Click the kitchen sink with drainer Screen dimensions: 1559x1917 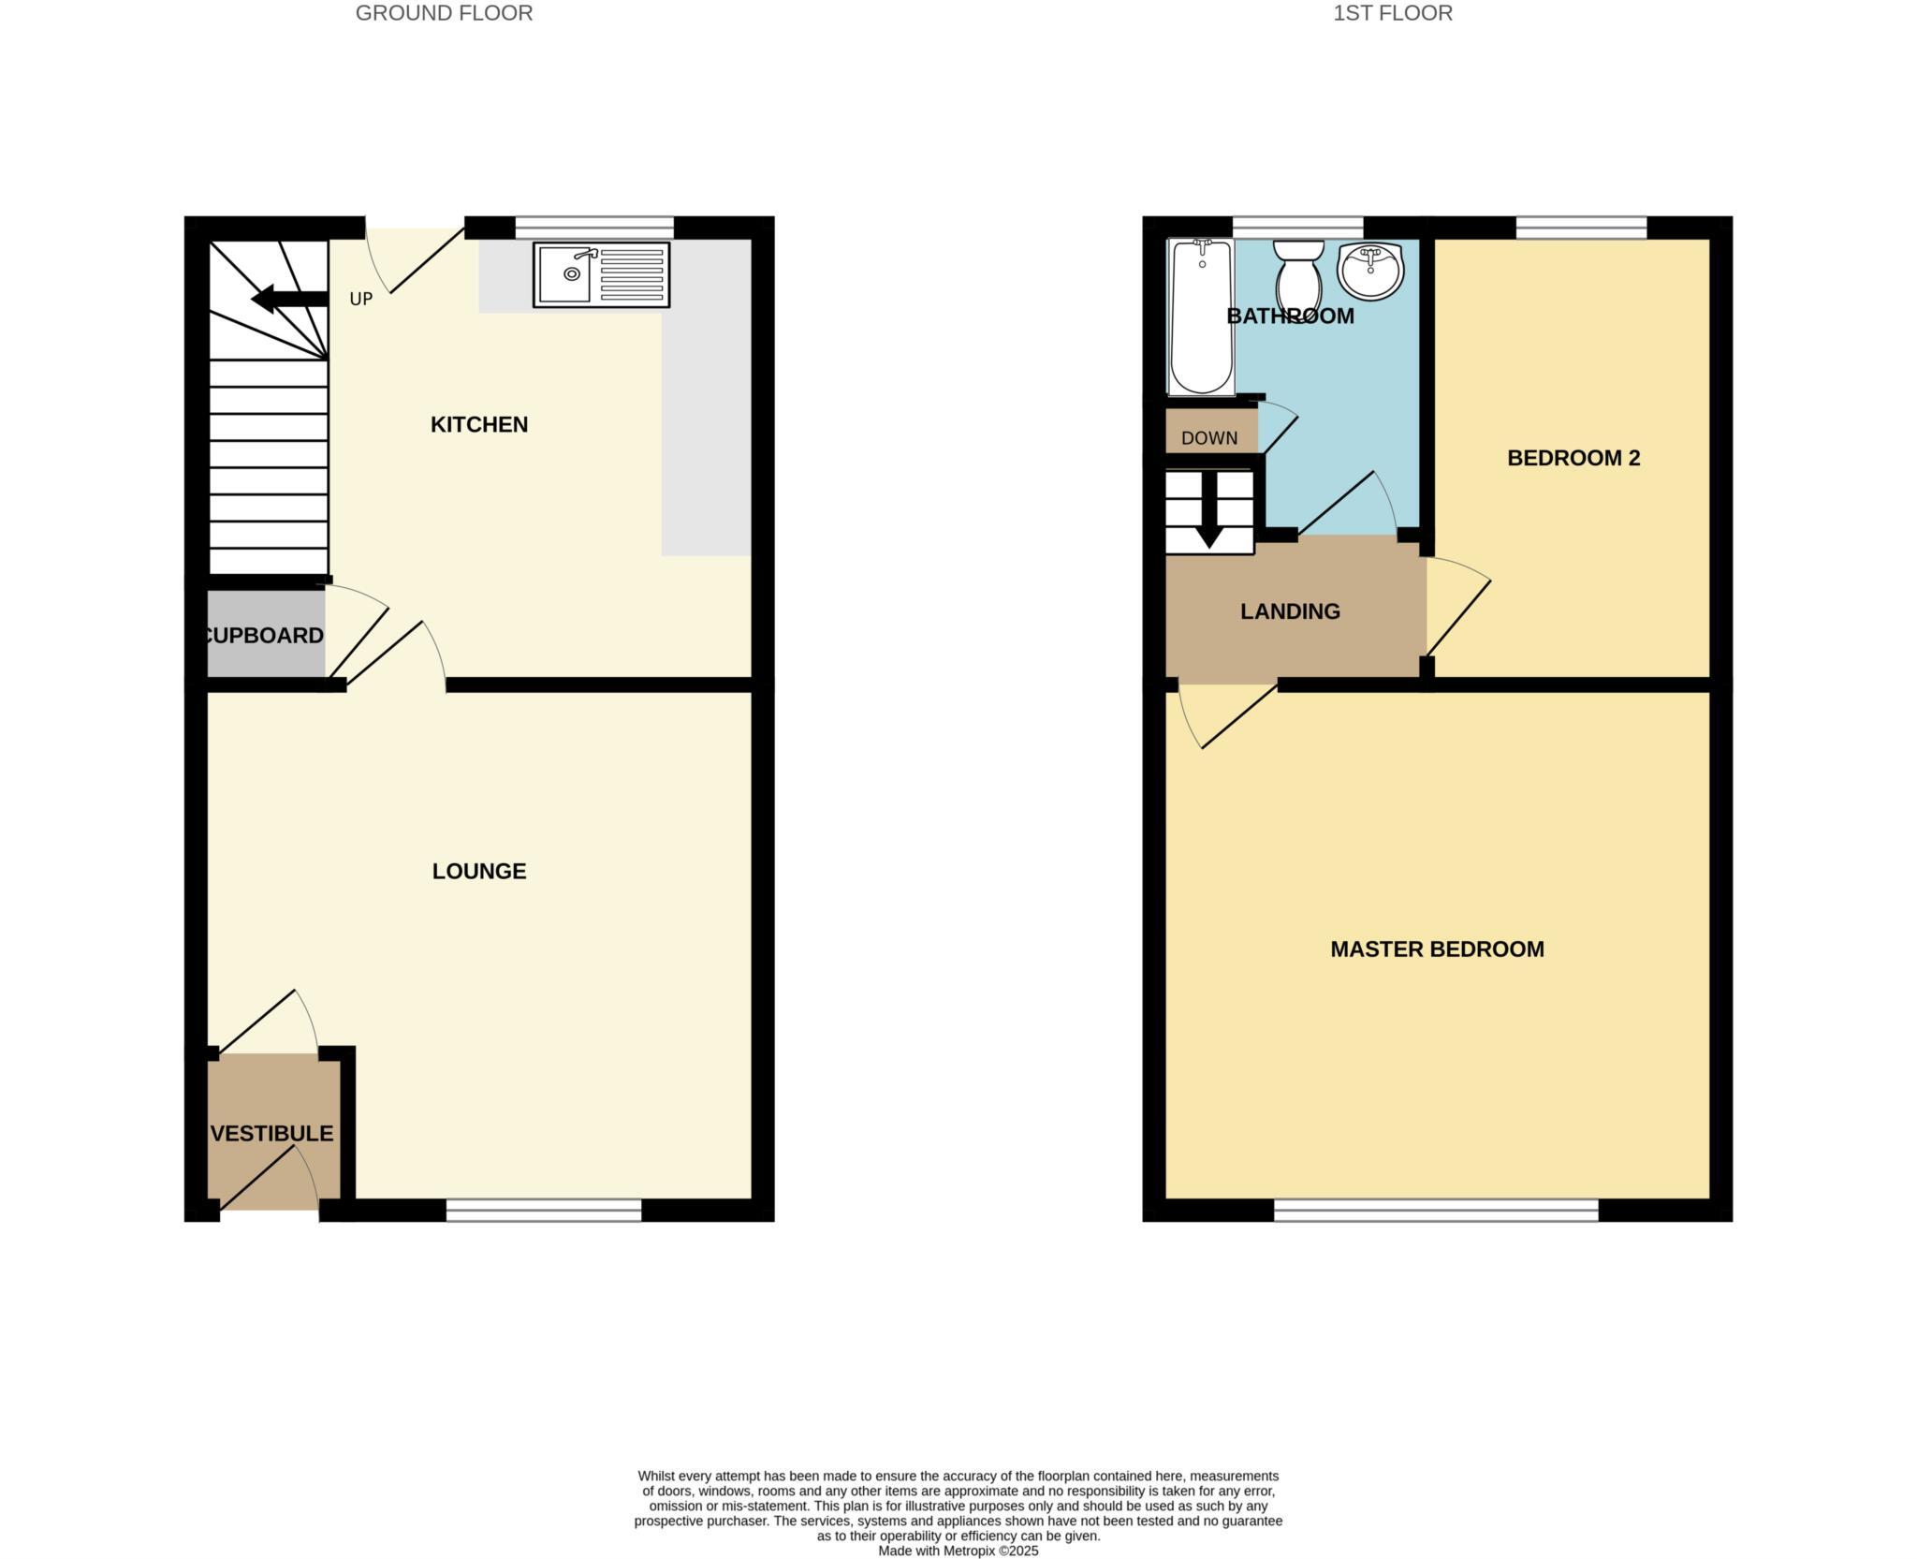pyautogui.click(x=601, y=274)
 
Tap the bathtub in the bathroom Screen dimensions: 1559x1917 pyautogui.click(x=1201, y=316)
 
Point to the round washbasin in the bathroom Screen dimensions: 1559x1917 pyautogui.click(x=1370, y=270)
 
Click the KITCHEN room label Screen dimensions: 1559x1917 pyautogui.click(x=479, y=425)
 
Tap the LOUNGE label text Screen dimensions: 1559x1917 pyautogui.click(x=479, y=872)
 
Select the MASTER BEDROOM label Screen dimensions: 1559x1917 pyautogui.click(x=1437, y=949)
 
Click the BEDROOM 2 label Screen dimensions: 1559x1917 pyautogui.click(x=1573, y=458)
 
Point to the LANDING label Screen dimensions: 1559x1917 pyautogui.click(x=1290, y=611)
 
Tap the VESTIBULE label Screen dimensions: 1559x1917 pyautogui.click(x=271, y=1134)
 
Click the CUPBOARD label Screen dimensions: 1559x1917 pyautogui.click(x=264, y=636)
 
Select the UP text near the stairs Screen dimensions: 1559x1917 pyautogui.click(x=360, y=300)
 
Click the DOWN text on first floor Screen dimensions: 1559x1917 pyautogui.click(x=1209, y=438)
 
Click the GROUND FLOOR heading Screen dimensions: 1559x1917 pyautogui.click(x=444, y=13)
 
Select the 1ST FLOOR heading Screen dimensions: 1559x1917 pyautogui.click(x=1393, y=13)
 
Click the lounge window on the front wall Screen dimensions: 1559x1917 pyautogui.click(x=544, y=1211)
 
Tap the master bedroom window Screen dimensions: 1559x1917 pyautogui.click(x=1436, y=1211)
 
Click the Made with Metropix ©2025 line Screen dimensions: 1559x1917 pyautogui.click(x=958, y=1551)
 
